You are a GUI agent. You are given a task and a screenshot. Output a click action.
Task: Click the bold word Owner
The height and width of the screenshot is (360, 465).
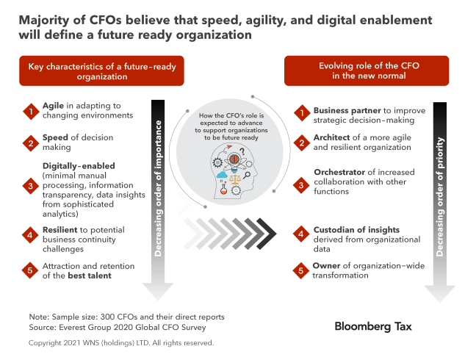point(328,264)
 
